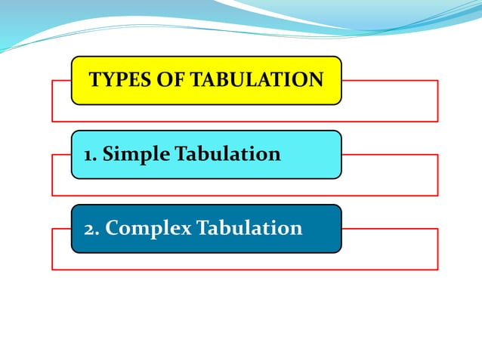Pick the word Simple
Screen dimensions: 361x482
tap(137, 156)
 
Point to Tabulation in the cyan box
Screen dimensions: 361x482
tap(227, 155)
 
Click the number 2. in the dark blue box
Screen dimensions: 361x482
tap(91, 228)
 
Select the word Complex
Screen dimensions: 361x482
tap(148, 229)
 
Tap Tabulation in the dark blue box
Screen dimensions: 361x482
tap(249, 228)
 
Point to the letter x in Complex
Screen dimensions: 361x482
tap(186, 229)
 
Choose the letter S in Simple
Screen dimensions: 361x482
tap(108, 155)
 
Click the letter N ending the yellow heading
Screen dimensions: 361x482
tap(316, 79)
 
